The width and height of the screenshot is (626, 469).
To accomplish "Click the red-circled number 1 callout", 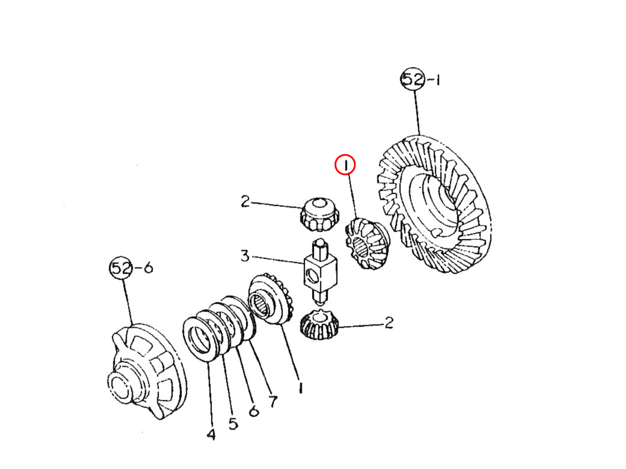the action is [x=345, y=165].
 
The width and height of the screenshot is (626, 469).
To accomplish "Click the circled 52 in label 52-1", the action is [x=413, y=79].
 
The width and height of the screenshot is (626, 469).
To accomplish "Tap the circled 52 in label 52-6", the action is [x=121, y=268].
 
